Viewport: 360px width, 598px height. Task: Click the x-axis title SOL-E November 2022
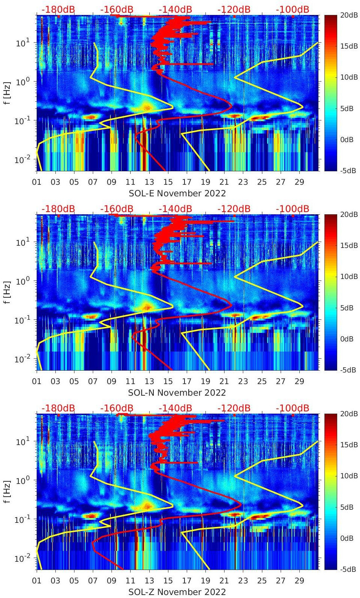177,193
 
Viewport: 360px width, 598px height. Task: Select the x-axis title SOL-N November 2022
177,393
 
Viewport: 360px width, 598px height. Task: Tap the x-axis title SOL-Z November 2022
177,592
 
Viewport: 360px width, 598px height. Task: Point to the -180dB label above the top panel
58,9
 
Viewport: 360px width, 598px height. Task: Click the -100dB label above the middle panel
293,209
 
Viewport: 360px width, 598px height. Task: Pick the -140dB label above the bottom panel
175,408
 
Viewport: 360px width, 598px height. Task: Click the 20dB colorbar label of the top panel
350,15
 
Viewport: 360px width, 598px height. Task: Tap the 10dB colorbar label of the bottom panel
350,476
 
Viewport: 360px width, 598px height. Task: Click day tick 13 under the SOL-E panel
149,182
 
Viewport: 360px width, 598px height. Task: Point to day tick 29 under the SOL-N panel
299,381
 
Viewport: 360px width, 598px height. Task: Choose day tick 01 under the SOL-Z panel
37,581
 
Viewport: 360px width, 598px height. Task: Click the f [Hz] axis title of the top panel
7,93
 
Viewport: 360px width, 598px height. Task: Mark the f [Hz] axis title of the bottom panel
7,491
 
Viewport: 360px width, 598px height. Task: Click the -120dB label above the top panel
234,9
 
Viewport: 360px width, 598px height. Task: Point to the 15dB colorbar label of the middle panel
350,245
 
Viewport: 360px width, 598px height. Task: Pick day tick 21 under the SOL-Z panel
224,581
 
